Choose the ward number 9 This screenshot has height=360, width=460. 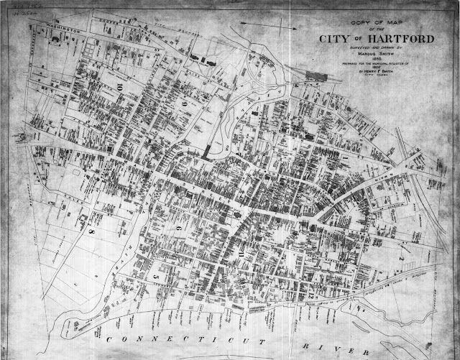click(184, 105)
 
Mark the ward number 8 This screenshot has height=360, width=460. click(91, 234)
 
